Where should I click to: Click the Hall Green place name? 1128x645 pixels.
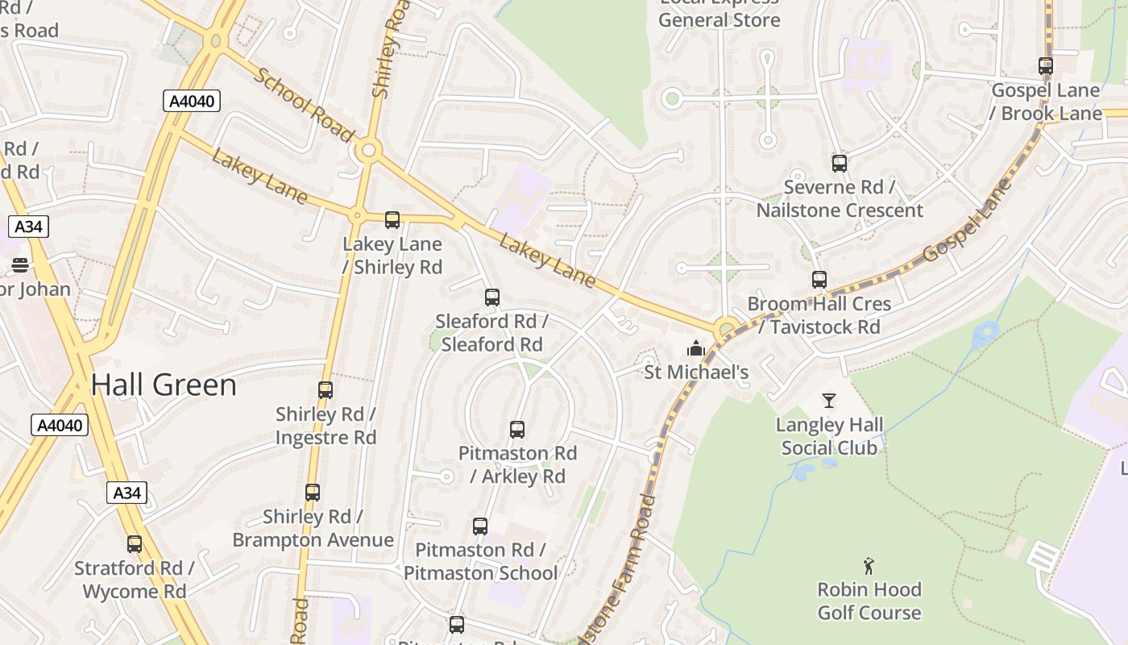click(x=164, y=385)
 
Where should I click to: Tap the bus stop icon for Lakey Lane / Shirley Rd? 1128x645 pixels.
click(x=392, y=219)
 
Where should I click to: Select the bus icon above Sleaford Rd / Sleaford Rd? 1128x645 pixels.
click(x=492, y=297)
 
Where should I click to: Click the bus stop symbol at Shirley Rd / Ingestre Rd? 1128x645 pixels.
click(x=326, y=389)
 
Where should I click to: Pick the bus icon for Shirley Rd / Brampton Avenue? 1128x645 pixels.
click(x=313, y=492)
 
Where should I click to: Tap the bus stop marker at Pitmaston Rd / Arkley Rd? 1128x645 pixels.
click(x=517, y=429)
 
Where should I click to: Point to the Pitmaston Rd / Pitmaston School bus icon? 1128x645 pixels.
click(x=480, y=526)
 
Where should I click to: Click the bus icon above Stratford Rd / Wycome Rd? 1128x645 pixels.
click(x=135, y=543)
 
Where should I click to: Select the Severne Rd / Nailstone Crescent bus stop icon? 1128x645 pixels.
click(x=840, y=163)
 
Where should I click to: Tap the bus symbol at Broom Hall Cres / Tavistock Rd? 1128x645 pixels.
click(x=819, y=279)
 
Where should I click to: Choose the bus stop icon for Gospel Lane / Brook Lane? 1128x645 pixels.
click(x=1046, y=66)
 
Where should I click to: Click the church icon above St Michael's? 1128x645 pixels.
click(x=695, y=348)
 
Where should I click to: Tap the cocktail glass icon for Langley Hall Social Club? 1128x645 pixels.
click(x=829, y=400)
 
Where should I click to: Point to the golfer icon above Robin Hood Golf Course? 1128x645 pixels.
click(x=869, y=565)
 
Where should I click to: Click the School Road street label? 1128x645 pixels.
click(x=304, y=103)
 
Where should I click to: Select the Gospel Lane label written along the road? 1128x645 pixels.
click(x=968, y=220)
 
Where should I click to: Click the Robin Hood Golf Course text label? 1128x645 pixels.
click(x=869, y=601)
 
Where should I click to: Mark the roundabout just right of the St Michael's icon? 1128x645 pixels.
click(x=727, y=328)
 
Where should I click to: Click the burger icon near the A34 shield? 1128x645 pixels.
click(x=20, y=264)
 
